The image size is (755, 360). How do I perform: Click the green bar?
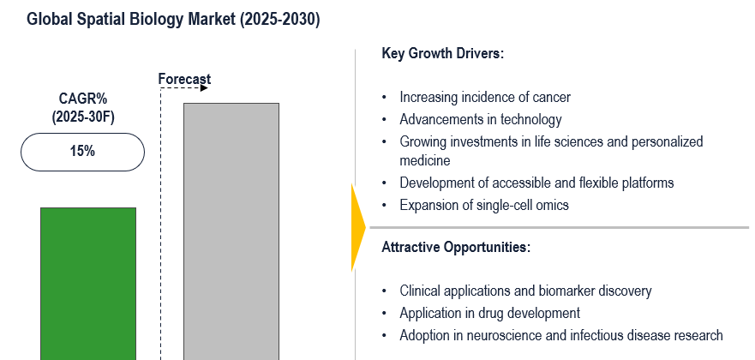point(88,284)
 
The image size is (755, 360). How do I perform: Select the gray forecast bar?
point(231,231)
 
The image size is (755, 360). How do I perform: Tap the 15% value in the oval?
point(82,152)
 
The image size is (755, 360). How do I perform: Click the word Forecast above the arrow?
point(184,79)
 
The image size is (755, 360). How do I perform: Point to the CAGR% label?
point(83,99)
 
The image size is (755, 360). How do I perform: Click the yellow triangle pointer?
point(358,227)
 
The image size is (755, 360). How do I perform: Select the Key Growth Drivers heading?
point(442,53)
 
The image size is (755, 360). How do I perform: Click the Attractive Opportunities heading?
point(456,248)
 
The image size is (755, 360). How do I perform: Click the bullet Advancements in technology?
point(481,119)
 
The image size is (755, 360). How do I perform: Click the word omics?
point(554,205)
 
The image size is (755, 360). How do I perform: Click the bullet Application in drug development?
point(489,314)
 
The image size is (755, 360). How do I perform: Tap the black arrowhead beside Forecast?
point(204,88)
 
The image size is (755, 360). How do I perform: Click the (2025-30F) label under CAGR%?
point(83,117)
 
